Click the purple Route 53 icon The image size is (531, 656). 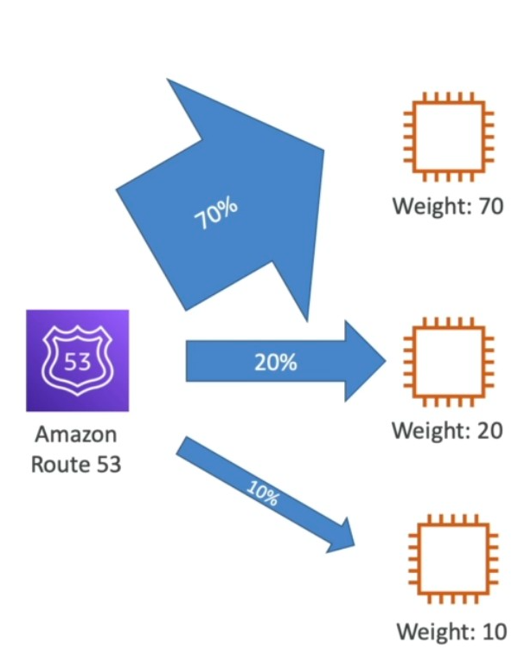(77, 360)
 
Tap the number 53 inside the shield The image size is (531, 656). (77, 361)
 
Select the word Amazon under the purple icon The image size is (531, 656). (76, 434)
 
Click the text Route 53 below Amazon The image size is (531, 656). (76, 464)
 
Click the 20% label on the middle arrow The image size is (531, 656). (275, 363)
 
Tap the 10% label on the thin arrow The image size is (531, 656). (261, 495)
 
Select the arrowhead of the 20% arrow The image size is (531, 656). (363, 361)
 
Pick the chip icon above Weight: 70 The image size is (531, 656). (446, 137)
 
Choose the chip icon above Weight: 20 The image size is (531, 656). (446, 362)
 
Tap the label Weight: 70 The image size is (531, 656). (446, 207)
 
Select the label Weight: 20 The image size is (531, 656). (446, 430)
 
